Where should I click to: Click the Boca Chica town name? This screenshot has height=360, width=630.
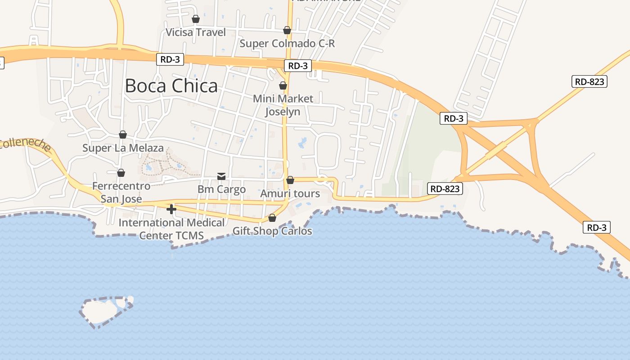click(171, 85)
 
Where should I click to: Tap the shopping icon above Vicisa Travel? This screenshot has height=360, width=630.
click(196, 19)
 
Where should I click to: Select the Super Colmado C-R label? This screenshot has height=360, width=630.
click(287, 44)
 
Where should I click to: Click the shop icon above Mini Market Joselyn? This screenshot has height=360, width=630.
click(283, 85)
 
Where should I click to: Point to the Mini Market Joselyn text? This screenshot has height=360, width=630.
click(283, 105)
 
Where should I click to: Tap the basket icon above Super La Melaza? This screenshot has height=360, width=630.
click(123, 135)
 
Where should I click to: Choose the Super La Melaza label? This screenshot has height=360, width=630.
click(123, 148)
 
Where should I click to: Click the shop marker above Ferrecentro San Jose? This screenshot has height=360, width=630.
click(121, 173)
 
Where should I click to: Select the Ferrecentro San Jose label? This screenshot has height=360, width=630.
click(121, 192)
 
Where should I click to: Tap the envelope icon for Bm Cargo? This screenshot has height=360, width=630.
click(221, 176)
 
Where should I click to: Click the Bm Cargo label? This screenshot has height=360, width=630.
click(221, 189)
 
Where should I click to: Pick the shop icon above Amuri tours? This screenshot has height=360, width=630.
click(290, 180)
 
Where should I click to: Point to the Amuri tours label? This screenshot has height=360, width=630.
click(290, 193)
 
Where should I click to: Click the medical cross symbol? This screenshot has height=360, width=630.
click(171, 209)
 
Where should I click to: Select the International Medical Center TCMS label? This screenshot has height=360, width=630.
click(171, 229)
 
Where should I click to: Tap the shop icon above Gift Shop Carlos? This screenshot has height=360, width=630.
click(272, 218)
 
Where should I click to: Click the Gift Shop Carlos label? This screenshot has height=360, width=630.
click(272, 231)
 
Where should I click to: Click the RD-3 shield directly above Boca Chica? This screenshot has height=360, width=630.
click(170, 59)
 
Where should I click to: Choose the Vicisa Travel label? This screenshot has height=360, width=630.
click(196, 32)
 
